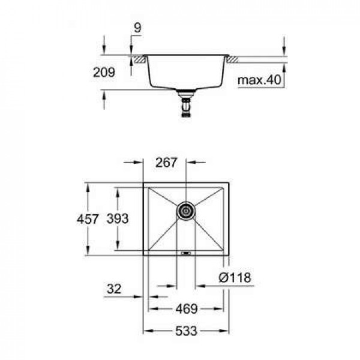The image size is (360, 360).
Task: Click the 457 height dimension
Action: (x=88, y=219)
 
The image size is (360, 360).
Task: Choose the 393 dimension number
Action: (x=118, y=219)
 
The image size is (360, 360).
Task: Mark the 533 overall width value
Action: (x=186, y=331)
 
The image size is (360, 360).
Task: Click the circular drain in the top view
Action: (x=186, y=211)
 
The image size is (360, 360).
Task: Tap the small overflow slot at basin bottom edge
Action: (x=186, y=254)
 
